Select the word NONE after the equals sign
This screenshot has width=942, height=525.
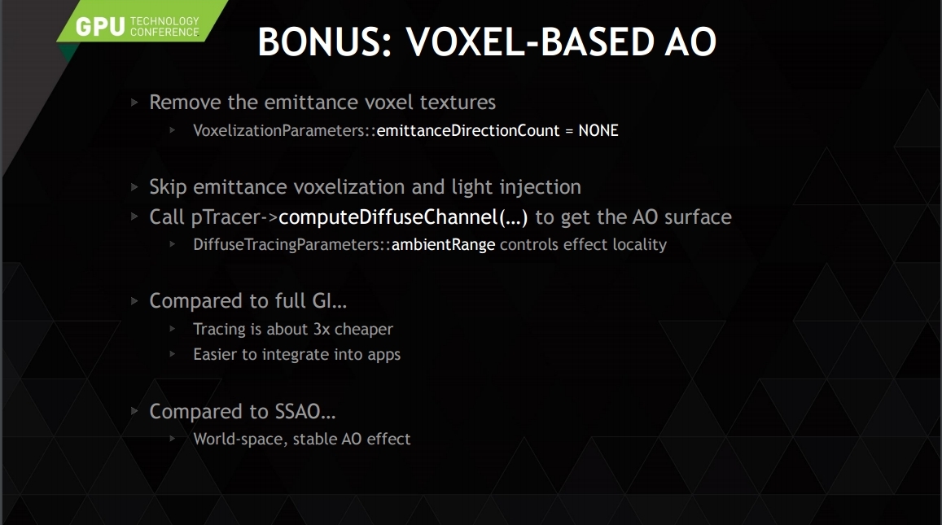click(598, 130)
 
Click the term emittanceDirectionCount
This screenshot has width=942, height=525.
click(468, 130)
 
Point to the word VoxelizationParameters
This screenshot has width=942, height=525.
click(280, 130)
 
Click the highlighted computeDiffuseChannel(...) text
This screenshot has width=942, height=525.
click(403, 217)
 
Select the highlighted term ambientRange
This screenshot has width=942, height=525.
click(444, 244)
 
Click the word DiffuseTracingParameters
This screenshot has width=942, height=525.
click(287, 244)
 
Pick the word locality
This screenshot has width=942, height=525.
click(640, 244)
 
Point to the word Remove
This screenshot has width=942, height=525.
click(185, 102)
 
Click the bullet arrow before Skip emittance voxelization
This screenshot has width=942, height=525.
click(134, 187)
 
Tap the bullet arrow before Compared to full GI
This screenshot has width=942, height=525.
click(134, 301)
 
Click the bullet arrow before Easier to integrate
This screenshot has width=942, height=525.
click(173, 354)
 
